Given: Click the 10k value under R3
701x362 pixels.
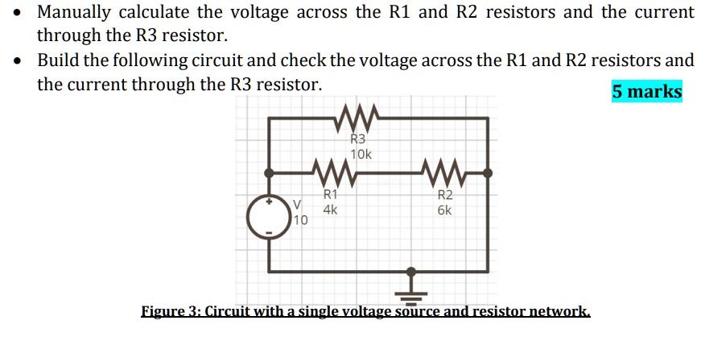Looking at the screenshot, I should tap(361, 153).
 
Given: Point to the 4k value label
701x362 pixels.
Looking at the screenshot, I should tap(330, 209).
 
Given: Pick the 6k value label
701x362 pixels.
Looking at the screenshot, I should tap(444, 210).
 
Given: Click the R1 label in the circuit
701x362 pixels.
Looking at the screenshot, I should tap(330, 194).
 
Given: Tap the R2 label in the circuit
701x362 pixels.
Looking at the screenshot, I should tap(445, 195).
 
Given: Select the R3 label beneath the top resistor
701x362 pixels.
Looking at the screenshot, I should tap(359, 139).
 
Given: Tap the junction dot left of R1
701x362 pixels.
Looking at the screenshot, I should tap(270, 173).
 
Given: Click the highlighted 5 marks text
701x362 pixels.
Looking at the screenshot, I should tap(646, 91).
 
